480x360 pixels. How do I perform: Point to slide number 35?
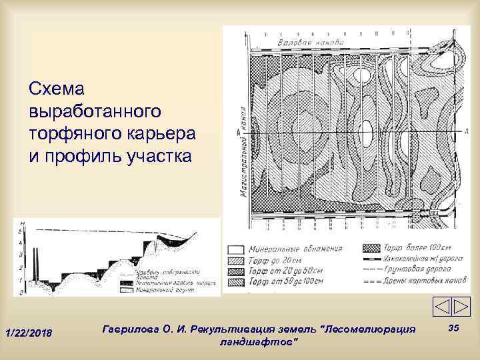[454, 329]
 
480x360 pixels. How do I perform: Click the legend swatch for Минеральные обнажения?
[234, 248]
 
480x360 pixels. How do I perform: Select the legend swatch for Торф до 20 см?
[234, 260]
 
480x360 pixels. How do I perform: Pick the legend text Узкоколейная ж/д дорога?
[417, 260]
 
